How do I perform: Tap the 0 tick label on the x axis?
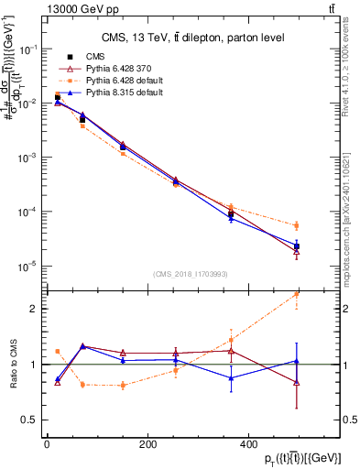pos(47,443)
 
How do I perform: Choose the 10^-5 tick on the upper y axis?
pos(26,267)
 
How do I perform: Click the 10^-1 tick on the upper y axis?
pos(26,49)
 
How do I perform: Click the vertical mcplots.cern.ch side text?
pos(351,211)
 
